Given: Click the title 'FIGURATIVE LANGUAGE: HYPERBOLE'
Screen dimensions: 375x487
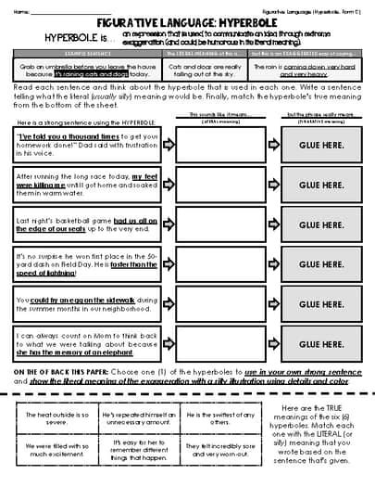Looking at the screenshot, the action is (187, 25).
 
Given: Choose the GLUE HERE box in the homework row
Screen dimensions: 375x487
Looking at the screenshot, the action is (314, 146).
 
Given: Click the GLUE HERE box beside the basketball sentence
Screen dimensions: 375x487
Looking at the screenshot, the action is (314, 224).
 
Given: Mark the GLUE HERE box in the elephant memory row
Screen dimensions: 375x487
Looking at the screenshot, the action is (314, 343).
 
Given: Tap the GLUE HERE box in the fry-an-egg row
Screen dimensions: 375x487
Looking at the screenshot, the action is (314, 304).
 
